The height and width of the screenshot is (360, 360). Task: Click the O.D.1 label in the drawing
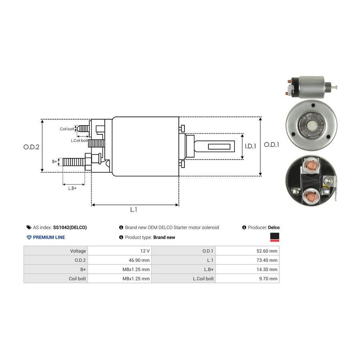coord(272,145)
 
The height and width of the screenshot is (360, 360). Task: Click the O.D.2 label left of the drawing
coord(31,147)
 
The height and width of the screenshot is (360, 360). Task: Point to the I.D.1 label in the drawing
coord(250,146)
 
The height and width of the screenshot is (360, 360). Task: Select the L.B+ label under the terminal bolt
coord(72,188)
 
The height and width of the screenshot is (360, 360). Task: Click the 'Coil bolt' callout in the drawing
coord(67,129)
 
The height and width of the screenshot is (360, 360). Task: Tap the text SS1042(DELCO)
coord(70,228)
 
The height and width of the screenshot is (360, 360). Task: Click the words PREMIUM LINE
coord(49,237)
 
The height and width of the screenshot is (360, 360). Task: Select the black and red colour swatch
coord(275,238)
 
